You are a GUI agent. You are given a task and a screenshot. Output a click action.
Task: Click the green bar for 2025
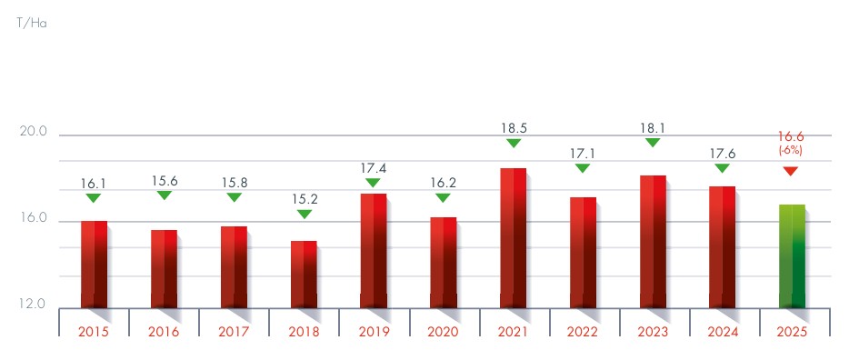tap(792, 255)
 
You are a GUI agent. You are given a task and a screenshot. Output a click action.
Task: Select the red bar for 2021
tap(513, 237)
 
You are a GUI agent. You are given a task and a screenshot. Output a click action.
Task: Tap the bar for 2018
tap(304, 274)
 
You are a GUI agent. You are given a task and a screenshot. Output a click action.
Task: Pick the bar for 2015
tap(94, 264)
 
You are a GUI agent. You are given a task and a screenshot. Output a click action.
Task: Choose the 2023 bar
tap(653, 241)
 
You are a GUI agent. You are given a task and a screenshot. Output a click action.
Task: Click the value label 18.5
tap(513, 126)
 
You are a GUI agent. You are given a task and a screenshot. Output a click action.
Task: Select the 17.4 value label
tap(373, 166)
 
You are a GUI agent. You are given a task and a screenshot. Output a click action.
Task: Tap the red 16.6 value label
tap(791, 135)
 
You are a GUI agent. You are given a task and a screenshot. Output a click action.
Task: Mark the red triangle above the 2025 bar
tap(791, 171)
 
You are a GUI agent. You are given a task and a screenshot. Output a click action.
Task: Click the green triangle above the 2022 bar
tap(583, 168)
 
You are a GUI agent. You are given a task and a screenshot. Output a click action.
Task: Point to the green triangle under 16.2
tap(443, 197)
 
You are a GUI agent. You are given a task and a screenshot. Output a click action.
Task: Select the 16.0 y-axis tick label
tap(33, 219)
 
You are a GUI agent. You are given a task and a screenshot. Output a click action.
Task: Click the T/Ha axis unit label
tap(31, 23)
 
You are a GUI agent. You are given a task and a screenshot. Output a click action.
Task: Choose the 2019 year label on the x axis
tap(373, 332)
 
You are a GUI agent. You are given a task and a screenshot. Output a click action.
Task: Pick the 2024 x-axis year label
tap(723, 332)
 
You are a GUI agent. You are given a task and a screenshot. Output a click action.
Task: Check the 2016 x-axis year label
tap(164, 332)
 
